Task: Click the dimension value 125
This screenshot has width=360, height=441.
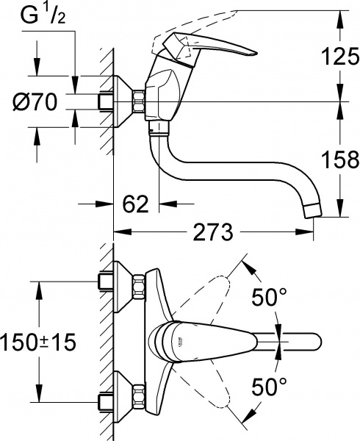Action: click(x=334, y=54)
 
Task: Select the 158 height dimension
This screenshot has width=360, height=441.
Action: click(x=334, y=159)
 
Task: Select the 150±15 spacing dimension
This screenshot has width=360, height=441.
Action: click(x=40, y=341)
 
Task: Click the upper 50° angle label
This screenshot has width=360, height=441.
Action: click(x=269, y=298)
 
